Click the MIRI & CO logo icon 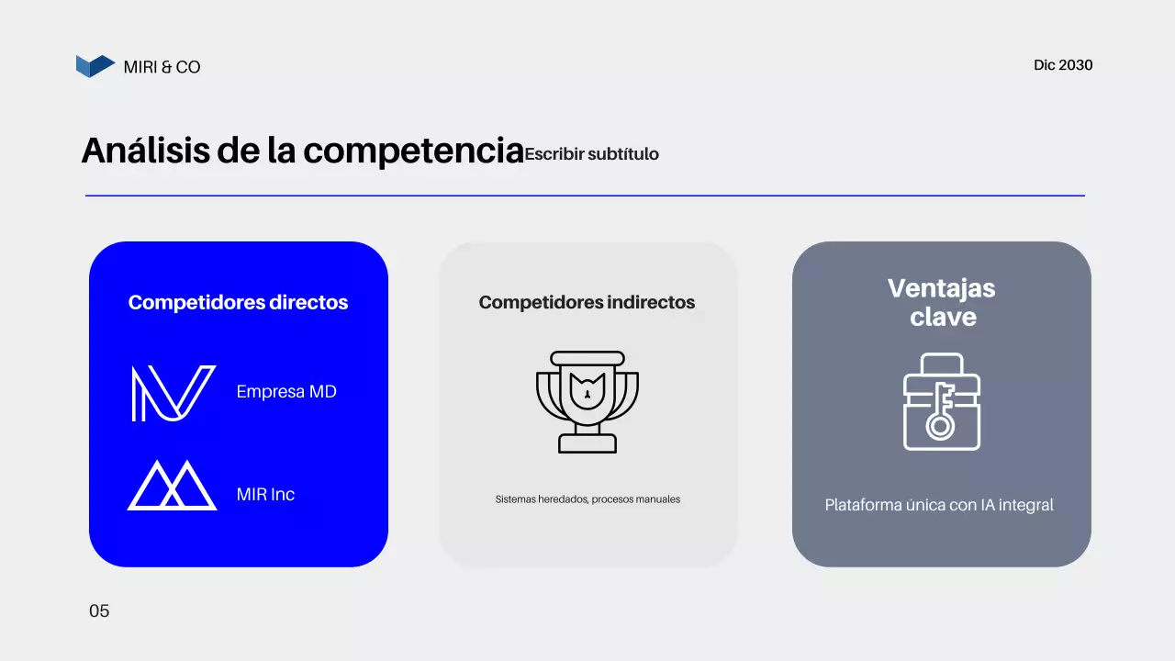(x=95, y=66)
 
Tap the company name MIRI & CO (x=162, y=67)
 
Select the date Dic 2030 (x=1063, y=65)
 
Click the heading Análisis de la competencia (x=302, y=151)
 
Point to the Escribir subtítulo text (x=591, y=154)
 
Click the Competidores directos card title (x=238, y=302)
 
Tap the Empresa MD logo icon (x=173, y=393)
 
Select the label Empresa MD (x=286, y=392)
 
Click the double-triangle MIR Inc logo (x=173, y=486)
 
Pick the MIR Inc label (x=265, y=494)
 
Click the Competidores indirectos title (x=587, y=302)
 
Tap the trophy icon (x=587, y=401)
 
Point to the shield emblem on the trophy (x=587, y=388)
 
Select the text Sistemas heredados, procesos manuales (x=587, y=499)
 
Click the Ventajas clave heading (x=941, y=302)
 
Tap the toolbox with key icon (x=941, y=401)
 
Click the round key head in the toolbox (x=939, y=427)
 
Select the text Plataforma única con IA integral (x=939, y=505)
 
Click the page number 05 (x=99, y=611)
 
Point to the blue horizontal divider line (x=585, y=196)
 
